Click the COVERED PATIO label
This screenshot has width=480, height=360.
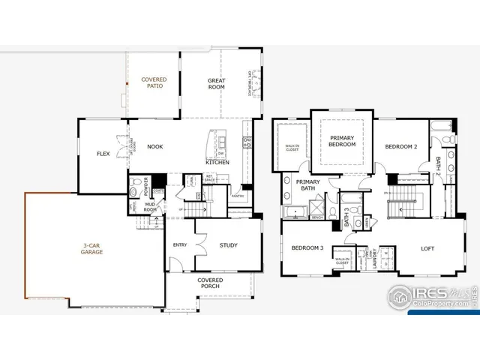[x=154, y=82]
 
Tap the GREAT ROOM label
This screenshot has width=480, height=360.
[x=216, y=82]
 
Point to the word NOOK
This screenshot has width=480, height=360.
[x=155, y=146]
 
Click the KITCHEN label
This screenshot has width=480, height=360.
[x=217, y=162]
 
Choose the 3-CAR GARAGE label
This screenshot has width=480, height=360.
[x=93, y=248]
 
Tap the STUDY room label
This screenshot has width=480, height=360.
[x=229, y=244]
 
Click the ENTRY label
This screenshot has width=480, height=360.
[x=180, y=244]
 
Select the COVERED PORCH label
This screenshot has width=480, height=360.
[x=210, y=283]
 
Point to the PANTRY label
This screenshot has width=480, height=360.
[x=238, y=196]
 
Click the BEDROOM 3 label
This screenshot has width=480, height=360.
[x=307, y=247]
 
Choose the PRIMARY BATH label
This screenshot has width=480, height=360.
[x=307, y=185]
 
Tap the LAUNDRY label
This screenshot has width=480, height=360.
[x=373, y=259]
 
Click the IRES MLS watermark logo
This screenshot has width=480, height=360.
[x=431, y=297]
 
